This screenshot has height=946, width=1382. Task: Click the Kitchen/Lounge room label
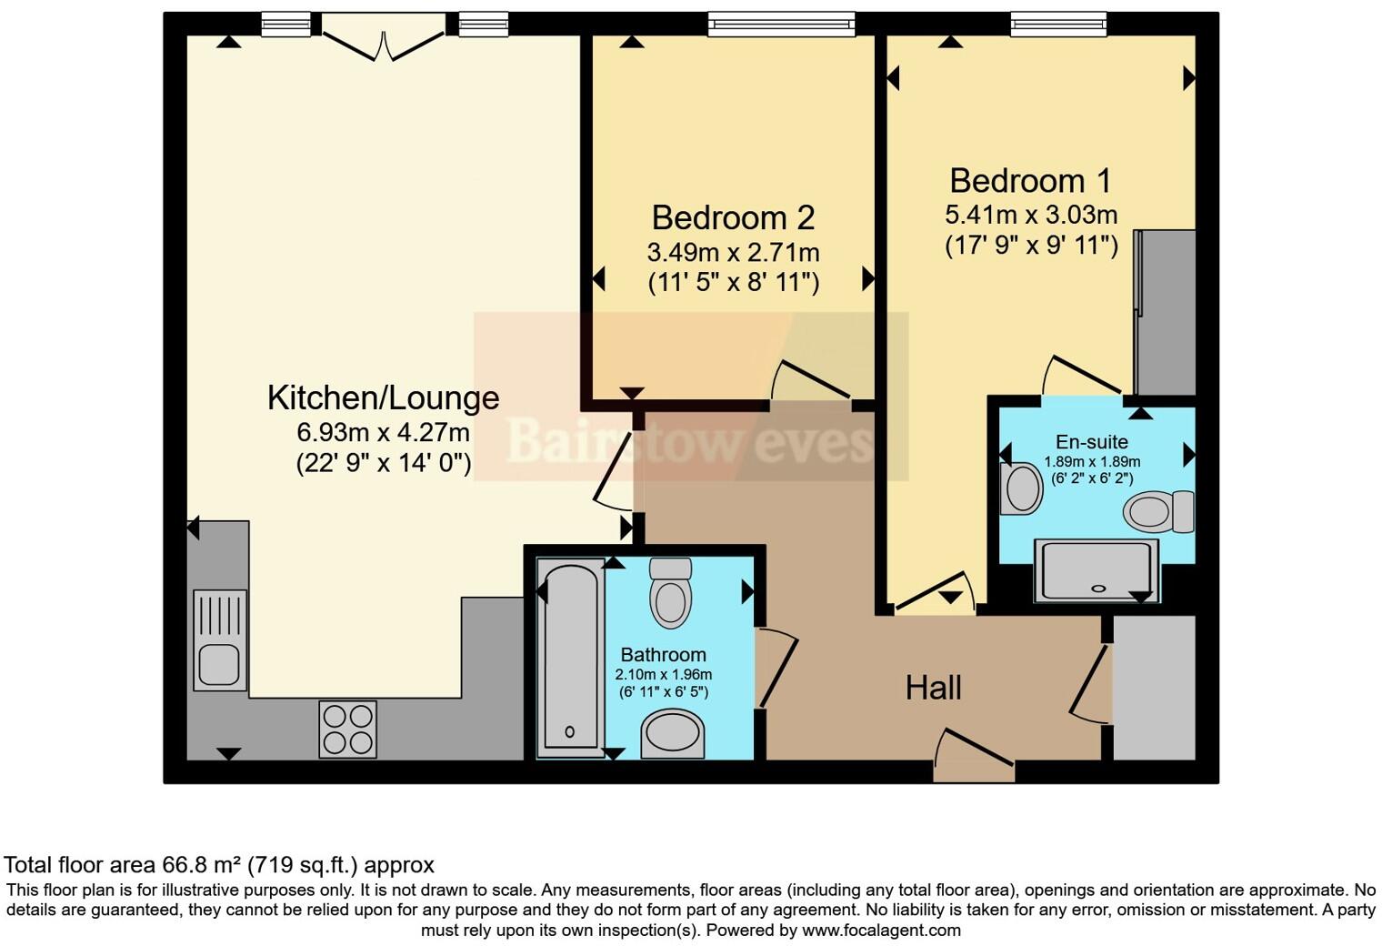pyautogui.click(x=383, y=398)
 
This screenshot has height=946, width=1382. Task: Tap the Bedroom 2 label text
pyautogui.click(x=733, y=218)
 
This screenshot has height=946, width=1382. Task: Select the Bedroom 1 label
pyautogui.click(x=1030, y=181)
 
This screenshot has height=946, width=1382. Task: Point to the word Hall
pyautogui.click(x=933, y=689)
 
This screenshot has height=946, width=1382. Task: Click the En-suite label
pyautogui.click(x=1092, y=442)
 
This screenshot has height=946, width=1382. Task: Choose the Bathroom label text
pyautogui.click(x=663, y=655)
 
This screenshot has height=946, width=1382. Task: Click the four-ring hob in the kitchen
pyautogui.click(x=347, y=730)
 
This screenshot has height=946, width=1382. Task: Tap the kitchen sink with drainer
pyautogui.click(x=219, y=640)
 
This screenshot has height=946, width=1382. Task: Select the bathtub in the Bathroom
pyautogui.click(x=571, y=657)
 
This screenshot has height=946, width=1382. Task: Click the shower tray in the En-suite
pyautogui.click(x=1096, y=570)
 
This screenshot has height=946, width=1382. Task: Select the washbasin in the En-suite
pyautogui.click(x=1021, y=489)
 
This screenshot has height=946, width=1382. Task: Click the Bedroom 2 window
pyautogui.click(x=781, y=24)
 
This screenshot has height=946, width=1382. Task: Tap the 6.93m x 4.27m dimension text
pyautogui.click(x=383, y=431)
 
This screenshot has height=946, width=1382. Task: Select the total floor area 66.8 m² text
pyautogui.click(x=219, y=865)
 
